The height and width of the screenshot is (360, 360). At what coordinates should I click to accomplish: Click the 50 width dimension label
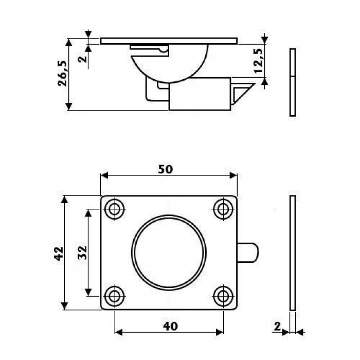(165, 169)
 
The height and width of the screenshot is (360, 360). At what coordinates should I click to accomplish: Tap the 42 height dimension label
(59, 254)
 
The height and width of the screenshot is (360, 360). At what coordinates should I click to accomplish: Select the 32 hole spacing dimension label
(82, 253)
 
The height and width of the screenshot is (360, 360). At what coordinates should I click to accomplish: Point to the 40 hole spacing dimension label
(170, 326)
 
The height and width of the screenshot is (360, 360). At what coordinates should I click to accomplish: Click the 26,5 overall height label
(62, 74)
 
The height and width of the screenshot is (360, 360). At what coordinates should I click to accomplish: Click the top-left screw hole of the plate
(114, 209)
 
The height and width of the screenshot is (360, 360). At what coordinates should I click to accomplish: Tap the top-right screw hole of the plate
(223, 209)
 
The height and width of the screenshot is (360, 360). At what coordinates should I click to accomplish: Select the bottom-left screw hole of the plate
(114, 296)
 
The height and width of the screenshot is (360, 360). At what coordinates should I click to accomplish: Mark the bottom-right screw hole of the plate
(223, 296)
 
